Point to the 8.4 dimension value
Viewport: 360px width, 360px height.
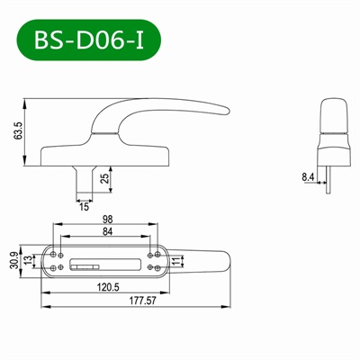coord(309,178)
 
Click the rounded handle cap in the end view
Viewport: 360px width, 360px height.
coord(332,116)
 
